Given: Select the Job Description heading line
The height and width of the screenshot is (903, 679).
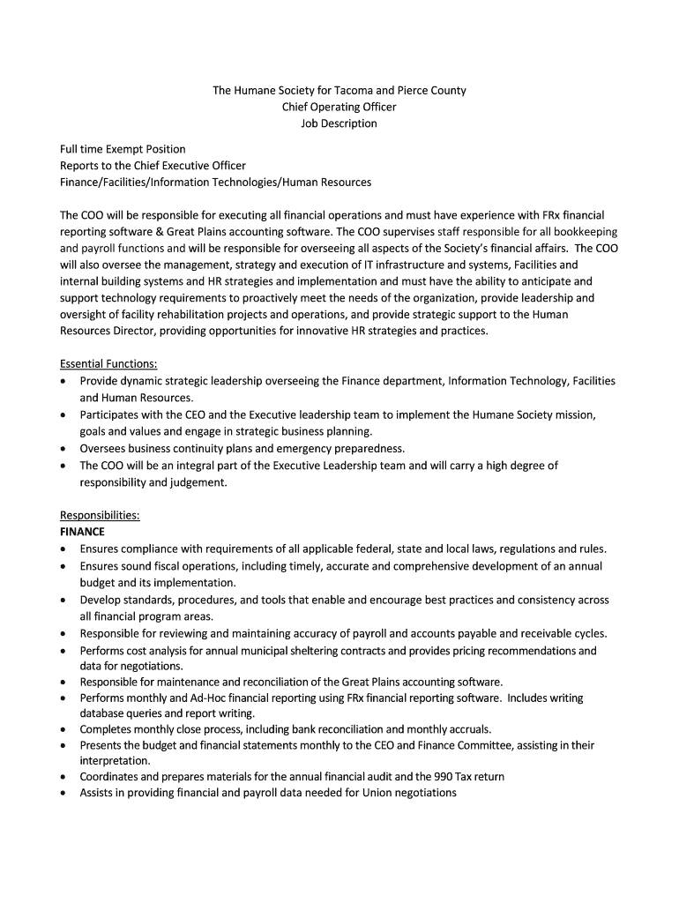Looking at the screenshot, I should [339, 123].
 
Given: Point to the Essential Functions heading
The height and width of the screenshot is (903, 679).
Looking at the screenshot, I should [108, 363].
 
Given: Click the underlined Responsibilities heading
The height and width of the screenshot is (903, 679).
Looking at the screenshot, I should [100, 515].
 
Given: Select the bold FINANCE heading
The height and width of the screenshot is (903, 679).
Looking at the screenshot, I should [82, 532].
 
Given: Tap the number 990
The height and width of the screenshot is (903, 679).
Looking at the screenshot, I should [419, 776].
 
